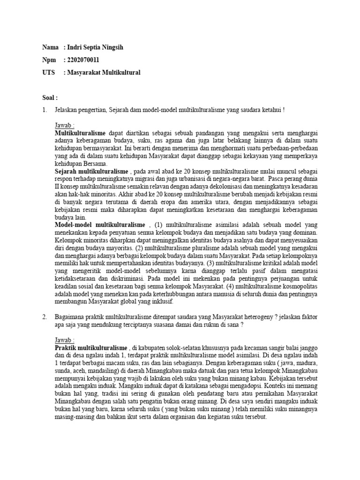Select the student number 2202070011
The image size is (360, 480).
tap(83, 60)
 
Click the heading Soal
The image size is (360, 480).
tap(50, 98)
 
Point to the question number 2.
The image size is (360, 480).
tap(44, 317)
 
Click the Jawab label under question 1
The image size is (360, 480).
tap(64, 126)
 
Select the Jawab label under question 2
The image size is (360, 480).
tap(64, 340)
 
